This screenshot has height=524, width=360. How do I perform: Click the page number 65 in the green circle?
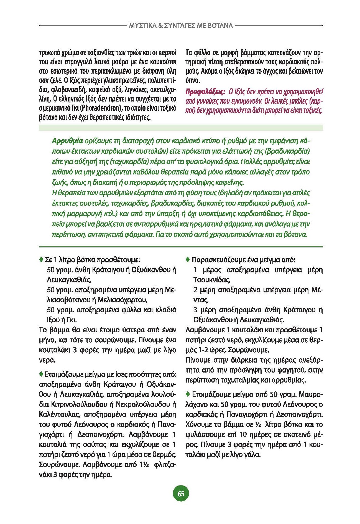[181, 494]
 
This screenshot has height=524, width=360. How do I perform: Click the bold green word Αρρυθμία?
[67, 141]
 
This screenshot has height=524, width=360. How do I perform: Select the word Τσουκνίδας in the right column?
[211, 280]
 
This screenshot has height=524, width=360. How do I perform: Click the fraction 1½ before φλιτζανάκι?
[144, 465]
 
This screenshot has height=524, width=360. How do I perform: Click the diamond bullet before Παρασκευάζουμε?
[188, 260]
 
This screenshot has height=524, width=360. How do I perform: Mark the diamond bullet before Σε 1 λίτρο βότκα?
[41, 260]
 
